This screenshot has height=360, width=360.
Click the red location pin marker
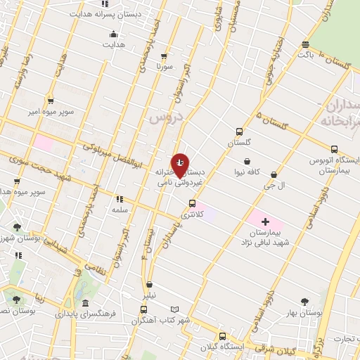click(181, 165)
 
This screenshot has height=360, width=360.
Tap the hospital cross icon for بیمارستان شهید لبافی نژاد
click(264, 221)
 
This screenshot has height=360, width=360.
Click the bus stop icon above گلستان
click(240, 131)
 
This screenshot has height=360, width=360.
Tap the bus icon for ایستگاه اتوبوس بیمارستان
click(333, 149)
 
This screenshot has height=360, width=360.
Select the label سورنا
click(164, 66)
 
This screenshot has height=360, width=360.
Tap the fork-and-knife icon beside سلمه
click(120, 199)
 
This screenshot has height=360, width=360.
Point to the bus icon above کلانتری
click(192, 204)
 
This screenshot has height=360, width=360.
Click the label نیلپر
click(149, 296)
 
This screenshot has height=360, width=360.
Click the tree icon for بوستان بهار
click(304, 302)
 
